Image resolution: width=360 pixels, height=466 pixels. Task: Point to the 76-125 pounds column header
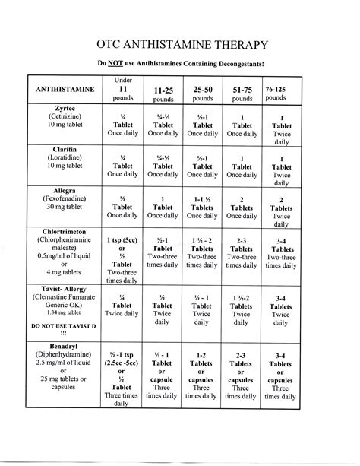click(276, 94)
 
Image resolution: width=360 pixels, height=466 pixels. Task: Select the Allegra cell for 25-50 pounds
click(203, 208)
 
